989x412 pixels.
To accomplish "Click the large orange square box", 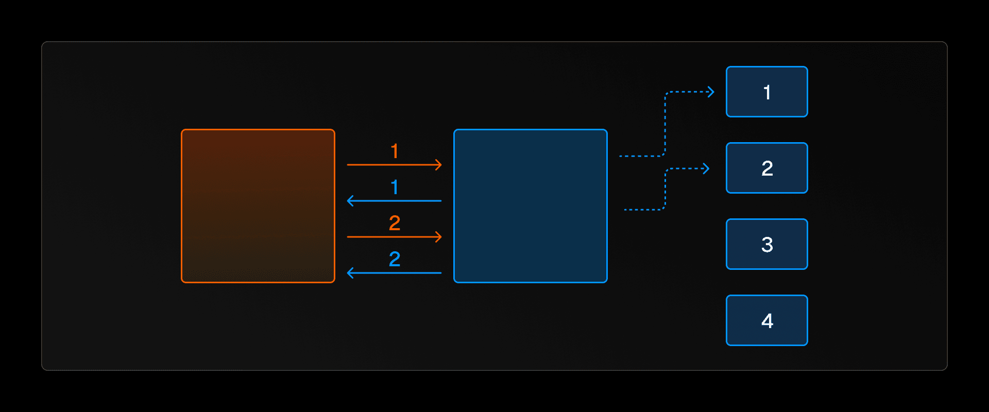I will coord(258,206).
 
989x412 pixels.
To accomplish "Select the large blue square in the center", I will coord(531,206).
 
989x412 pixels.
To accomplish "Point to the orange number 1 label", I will coord(395,151).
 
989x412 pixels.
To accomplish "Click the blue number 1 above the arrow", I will coord(395,187).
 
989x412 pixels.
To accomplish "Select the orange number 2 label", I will coord(395,223).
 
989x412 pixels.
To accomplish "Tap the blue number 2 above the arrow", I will coord(395,259).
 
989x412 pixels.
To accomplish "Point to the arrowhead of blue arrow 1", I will coord(350,201).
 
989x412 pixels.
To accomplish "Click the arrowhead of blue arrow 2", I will coord(350,273).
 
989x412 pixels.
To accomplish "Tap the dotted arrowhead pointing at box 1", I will coord(712,92).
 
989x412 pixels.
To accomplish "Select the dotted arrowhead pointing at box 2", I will coord(707,168).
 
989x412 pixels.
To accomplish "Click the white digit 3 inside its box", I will coord(767,245).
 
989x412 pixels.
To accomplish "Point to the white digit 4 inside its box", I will coord(767,321).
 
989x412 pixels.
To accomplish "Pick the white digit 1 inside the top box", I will coord(767,93).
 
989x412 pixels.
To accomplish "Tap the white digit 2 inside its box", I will coord(767,168).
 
